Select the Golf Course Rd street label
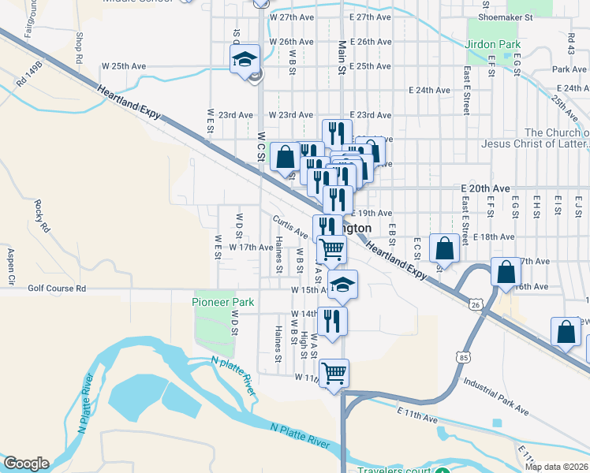(57, 289)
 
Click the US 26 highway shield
(474, 304)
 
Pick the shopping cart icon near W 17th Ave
(331, 249)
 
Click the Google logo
(25, 464)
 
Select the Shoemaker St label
(506, 16)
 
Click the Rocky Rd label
(38, 214)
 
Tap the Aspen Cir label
(11, 266)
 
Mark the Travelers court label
(394, 471)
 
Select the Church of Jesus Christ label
(556, 138)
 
